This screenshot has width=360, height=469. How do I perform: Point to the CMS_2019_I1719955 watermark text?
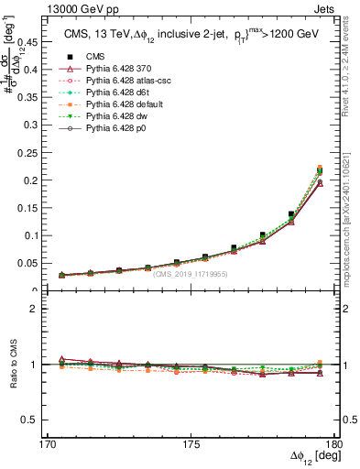[x=190, y=273]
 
